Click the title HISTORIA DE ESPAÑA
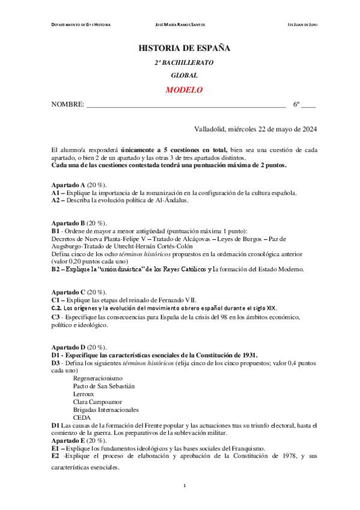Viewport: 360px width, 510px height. click(x=184, y=48)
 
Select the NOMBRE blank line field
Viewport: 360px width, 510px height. click(x=186, y=105)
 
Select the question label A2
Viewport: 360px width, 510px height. click(x=56, y=201)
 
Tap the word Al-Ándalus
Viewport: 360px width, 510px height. click(x=172, y=201)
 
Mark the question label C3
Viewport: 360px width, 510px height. click(x=56, y=317)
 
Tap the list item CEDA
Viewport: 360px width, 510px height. click(x=82, y=417)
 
